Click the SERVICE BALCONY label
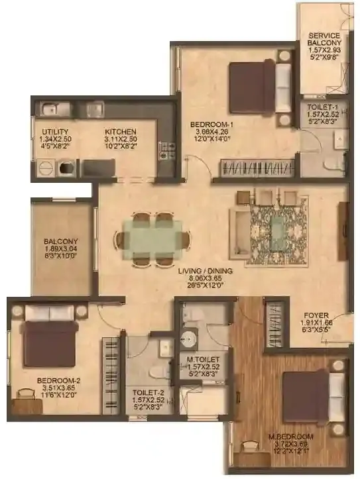click(x=323, y=40)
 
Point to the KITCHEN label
click(x=121, y=132)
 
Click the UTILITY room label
click(x=56, y=132)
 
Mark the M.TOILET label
click(x=204, y=361)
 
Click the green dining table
click(x=152, y=237)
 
